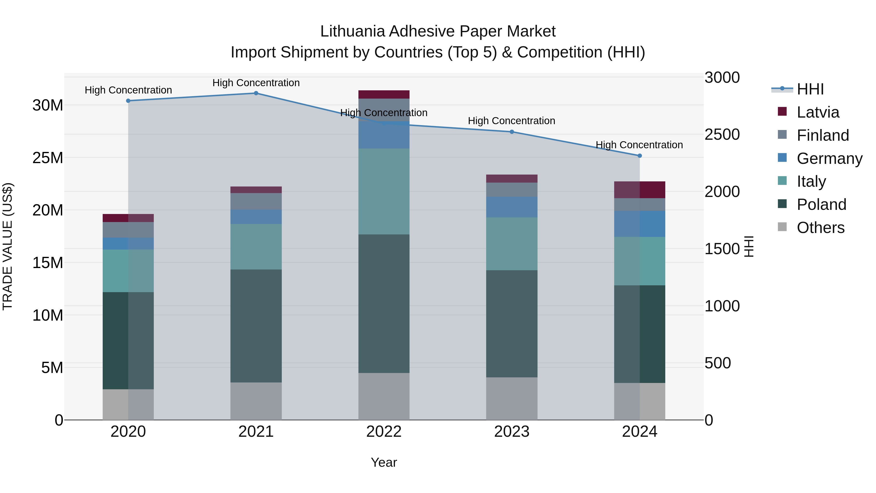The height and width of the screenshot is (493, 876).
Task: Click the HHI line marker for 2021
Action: point(256,93)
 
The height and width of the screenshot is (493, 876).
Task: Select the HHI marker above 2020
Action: point(128,101)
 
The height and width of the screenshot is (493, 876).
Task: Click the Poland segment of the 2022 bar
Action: point(384,304)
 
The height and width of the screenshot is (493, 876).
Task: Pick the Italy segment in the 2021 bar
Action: point(256,247)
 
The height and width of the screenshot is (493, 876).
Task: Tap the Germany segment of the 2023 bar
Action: point(512,207)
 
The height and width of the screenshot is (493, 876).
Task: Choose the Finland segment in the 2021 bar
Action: point(256,201)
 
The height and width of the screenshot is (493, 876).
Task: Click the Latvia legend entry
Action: point(818,112)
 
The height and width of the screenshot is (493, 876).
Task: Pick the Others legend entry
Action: point(820,228)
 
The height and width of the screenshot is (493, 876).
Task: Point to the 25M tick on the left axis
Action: point(48,158)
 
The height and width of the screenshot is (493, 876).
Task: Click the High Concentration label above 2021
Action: point(256,83)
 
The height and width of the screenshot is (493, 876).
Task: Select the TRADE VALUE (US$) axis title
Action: point(8,246)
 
